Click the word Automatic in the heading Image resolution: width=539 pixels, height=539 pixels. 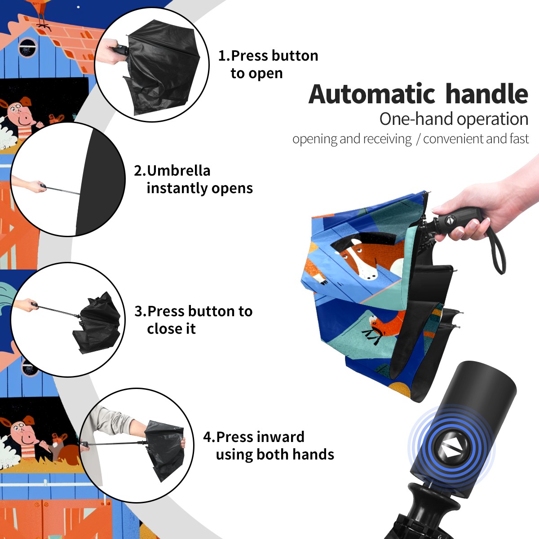click(372, 94)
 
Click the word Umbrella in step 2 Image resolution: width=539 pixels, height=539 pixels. click(178, 171)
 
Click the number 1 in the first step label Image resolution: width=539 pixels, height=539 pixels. click(221, 56)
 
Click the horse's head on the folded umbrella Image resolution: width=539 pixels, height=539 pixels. click(361, 257)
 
